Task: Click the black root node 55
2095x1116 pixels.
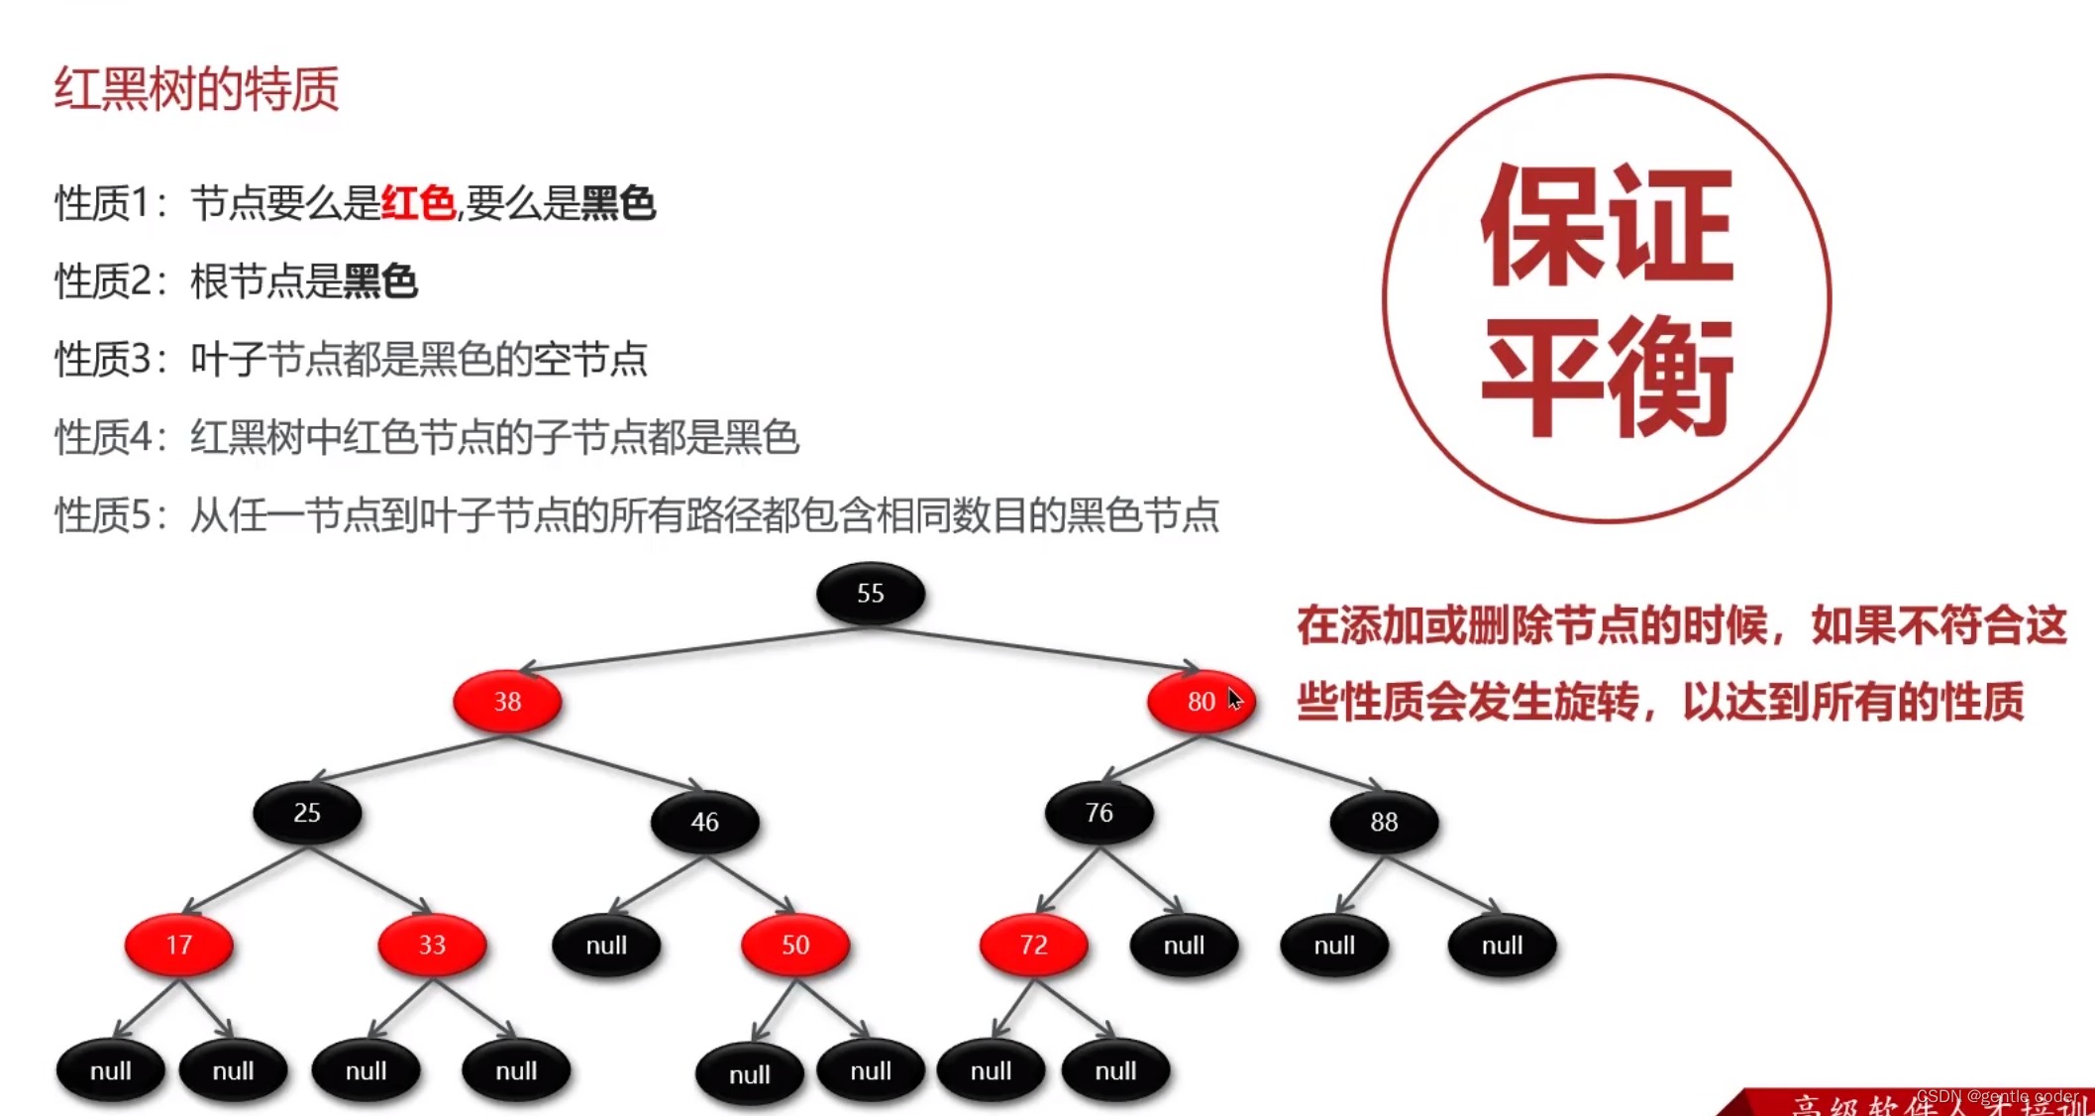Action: [871, 594]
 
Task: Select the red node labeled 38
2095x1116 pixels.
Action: [507, 702]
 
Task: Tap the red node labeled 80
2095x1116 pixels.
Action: [1201, 702]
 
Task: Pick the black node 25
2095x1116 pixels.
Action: [307, 813]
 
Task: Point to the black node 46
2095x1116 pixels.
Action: [704, 822]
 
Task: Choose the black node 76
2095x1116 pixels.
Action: [1099, 813]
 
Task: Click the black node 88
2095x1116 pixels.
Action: [1384, 822]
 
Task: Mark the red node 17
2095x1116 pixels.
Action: [179, 945]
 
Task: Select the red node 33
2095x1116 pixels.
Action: [432, 945]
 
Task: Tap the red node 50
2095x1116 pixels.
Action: [795, 945]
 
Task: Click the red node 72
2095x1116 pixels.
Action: [1033, 945]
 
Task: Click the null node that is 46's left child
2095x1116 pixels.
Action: [606, 946]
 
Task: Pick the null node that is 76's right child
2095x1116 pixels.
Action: [1184, 946]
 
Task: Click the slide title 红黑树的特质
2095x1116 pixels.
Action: [196, 89]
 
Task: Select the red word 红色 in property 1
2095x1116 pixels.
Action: [418, 203]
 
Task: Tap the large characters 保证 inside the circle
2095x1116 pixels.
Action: [1607, 226]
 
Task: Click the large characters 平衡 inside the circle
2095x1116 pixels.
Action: [1607, 377]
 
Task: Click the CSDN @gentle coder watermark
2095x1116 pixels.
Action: [1997, 1096]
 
